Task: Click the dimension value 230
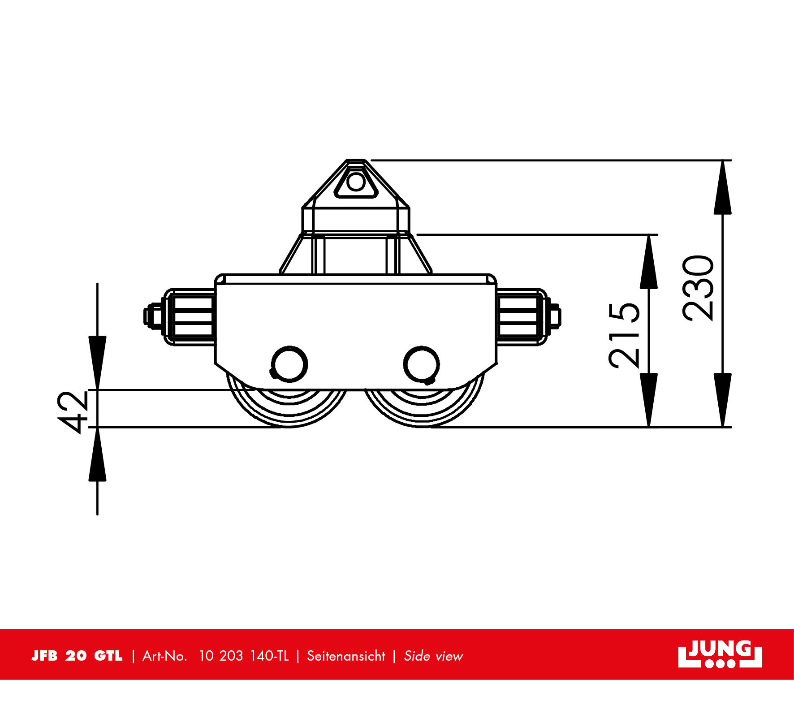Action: coord(698,288)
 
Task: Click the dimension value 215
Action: coord(624,336)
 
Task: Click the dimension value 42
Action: coord(73,412)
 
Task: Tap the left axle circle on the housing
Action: coord(289,364)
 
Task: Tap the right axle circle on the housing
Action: coord(421,364)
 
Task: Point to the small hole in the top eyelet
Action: coord(356,182)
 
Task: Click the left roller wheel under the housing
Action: coord(289,408)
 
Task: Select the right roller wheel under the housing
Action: coord(423,408)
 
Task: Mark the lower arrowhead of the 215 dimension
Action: coord(649,400)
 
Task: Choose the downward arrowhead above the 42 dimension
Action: coord(97,362)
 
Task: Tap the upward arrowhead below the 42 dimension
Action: coord(97,454)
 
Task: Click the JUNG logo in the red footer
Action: coord(720,654)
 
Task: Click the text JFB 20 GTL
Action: coord(77,656)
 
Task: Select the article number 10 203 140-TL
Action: coord(244,656)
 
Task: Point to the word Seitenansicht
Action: coord(346,656)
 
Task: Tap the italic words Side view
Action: coord(433,656)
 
